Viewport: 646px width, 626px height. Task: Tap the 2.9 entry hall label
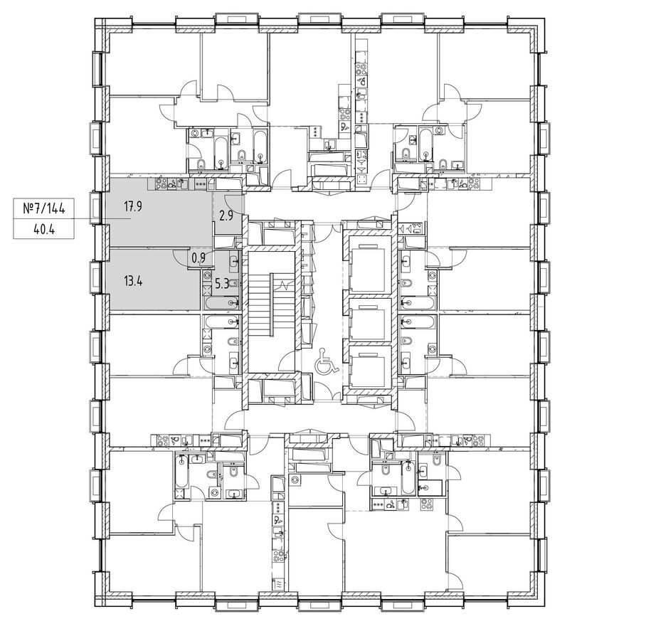[x=227, y=213]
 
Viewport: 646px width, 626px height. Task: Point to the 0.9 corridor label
[x=199, y=258]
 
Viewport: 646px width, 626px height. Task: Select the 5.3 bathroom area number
[x=221, y=283]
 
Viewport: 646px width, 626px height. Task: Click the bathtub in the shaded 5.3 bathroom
[x=218, y=304]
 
